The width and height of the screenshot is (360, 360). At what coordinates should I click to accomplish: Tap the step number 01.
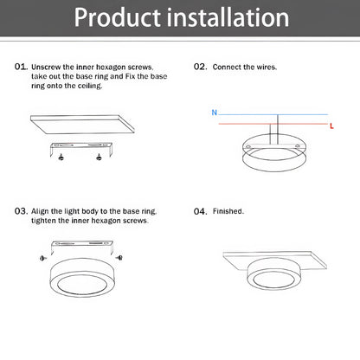[x=21, y=67]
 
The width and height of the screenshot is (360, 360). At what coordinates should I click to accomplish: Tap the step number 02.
[x=199, y=67]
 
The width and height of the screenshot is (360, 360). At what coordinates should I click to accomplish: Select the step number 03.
[x=21, y=210]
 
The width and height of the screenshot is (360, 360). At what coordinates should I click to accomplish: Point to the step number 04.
[x=199, y=210]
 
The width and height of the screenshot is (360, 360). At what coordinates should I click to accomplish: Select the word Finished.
[x=228, y=210]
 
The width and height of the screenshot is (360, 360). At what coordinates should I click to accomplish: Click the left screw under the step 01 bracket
[x=61, y=157]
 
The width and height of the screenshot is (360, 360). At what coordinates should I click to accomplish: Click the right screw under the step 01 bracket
[x=99, y=157]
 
